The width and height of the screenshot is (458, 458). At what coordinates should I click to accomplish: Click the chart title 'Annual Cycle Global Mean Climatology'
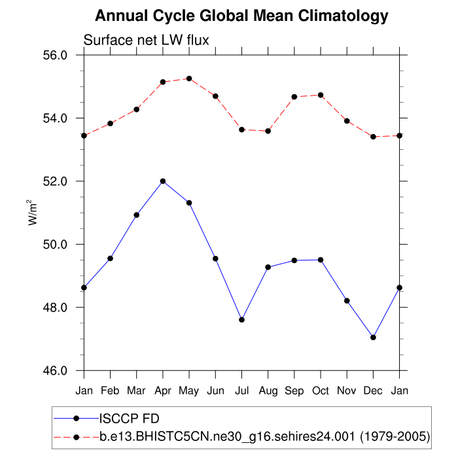click(241, 16)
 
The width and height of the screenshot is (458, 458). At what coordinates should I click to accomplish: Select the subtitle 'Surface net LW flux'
click(146, 41)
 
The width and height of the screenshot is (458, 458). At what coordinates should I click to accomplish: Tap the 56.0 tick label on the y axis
click(55, 56)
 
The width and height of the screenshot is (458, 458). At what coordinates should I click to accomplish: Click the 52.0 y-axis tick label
click(55, 181)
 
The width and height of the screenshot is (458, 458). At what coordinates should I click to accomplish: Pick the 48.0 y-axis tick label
click(55, 308)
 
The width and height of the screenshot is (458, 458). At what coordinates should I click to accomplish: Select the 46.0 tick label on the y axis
click(55, 371)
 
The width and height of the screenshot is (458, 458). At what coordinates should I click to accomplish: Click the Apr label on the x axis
click(163, 391)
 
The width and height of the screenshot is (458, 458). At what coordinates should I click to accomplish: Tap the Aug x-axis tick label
click(268, 391)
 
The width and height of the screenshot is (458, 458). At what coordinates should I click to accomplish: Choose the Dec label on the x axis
click(373, 391)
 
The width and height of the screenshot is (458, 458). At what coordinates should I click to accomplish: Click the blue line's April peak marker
click(163, 181)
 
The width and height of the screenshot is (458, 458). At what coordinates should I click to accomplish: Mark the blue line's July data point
click(242, 320)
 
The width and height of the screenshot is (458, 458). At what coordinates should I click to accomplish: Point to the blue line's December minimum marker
click(373, 338)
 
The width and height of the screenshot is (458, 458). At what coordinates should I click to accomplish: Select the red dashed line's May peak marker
click(189, 79)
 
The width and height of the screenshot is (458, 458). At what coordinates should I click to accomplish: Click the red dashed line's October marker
click(321, 95)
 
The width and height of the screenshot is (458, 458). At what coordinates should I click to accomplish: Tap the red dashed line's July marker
click(242, 130)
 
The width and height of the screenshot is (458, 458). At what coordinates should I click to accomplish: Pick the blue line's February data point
click(111, 258)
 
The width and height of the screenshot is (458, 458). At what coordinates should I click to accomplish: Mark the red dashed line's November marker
click(347, 121)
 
